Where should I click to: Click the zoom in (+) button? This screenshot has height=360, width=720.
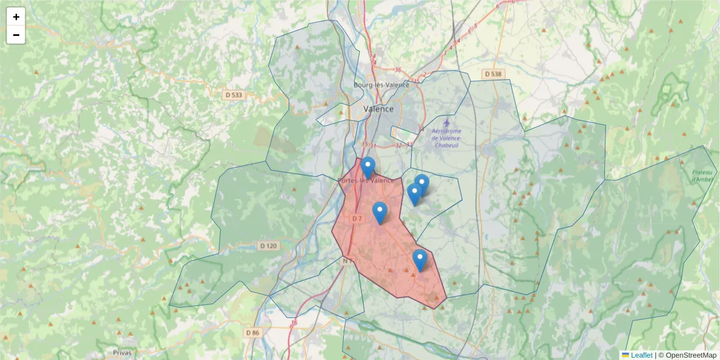coord(16,17)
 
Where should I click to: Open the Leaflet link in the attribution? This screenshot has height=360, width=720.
coord(641,355)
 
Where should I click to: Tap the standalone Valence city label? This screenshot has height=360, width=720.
coord(379,109)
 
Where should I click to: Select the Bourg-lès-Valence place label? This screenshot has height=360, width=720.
coord(381,85)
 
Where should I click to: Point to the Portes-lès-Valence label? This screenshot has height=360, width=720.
coord(366,181)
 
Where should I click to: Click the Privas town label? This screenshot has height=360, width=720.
coord(122,352)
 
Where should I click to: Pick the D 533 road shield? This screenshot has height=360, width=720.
coord(233,95)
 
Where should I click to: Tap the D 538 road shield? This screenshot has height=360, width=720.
coord(493,74)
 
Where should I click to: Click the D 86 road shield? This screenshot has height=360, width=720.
coord(253,332)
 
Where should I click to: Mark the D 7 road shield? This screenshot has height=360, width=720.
coord(357,218)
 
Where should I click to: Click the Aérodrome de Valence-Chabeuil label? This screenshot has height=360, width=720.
coord(446,139)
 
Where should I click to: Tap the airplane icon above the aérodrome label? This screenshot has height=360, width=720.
coord(446,123)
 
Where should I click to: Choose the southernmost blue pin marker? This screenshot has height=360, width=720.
coord(420,260)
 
